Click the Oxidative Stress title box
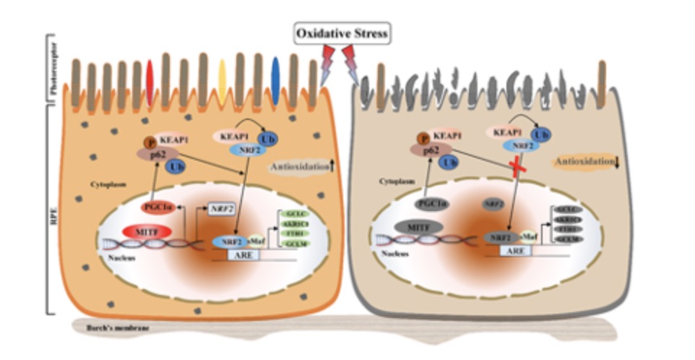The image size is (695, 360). [x=342, y=33]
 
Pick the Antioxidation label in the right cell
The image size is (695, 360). [x=582, y=163]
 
